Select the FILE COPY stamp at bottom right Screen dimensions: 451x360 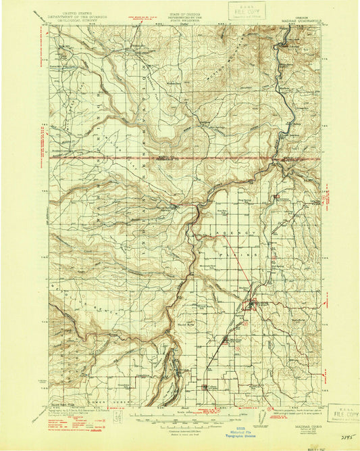343,412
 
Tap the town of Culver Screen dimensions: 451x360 207,386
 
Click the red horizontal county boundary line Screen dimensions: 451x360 135,160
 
